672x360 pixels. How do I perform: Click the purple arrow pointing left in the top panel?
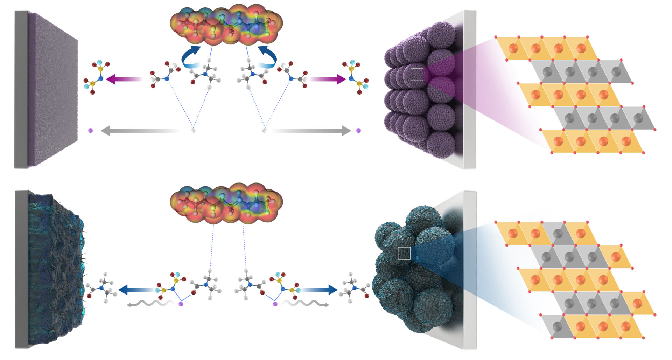[122, 79]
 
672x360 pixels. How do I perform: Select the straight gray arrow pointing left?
[140, 131]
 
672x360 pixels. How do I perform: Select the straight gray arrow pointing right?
[311, 131]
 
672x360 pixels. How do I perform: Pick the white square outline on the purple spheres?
[416, 74]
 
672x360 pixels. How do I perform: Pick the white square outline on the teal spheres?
[404, 253]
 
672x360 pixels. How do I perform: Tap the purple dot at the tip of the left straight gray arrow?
[91, 131]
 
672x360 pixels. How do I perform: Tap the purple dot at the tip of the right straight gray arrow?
[358, 131]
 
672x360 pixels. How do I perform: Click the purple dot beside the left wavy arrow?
[181, 304]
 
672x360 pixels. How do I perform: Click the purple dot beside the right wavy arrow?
[275, 304]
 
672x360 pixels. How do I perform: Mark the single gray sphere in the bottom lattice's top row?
[558, 234]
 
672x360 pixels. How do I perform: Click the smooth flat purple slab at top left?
[52, 89]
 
